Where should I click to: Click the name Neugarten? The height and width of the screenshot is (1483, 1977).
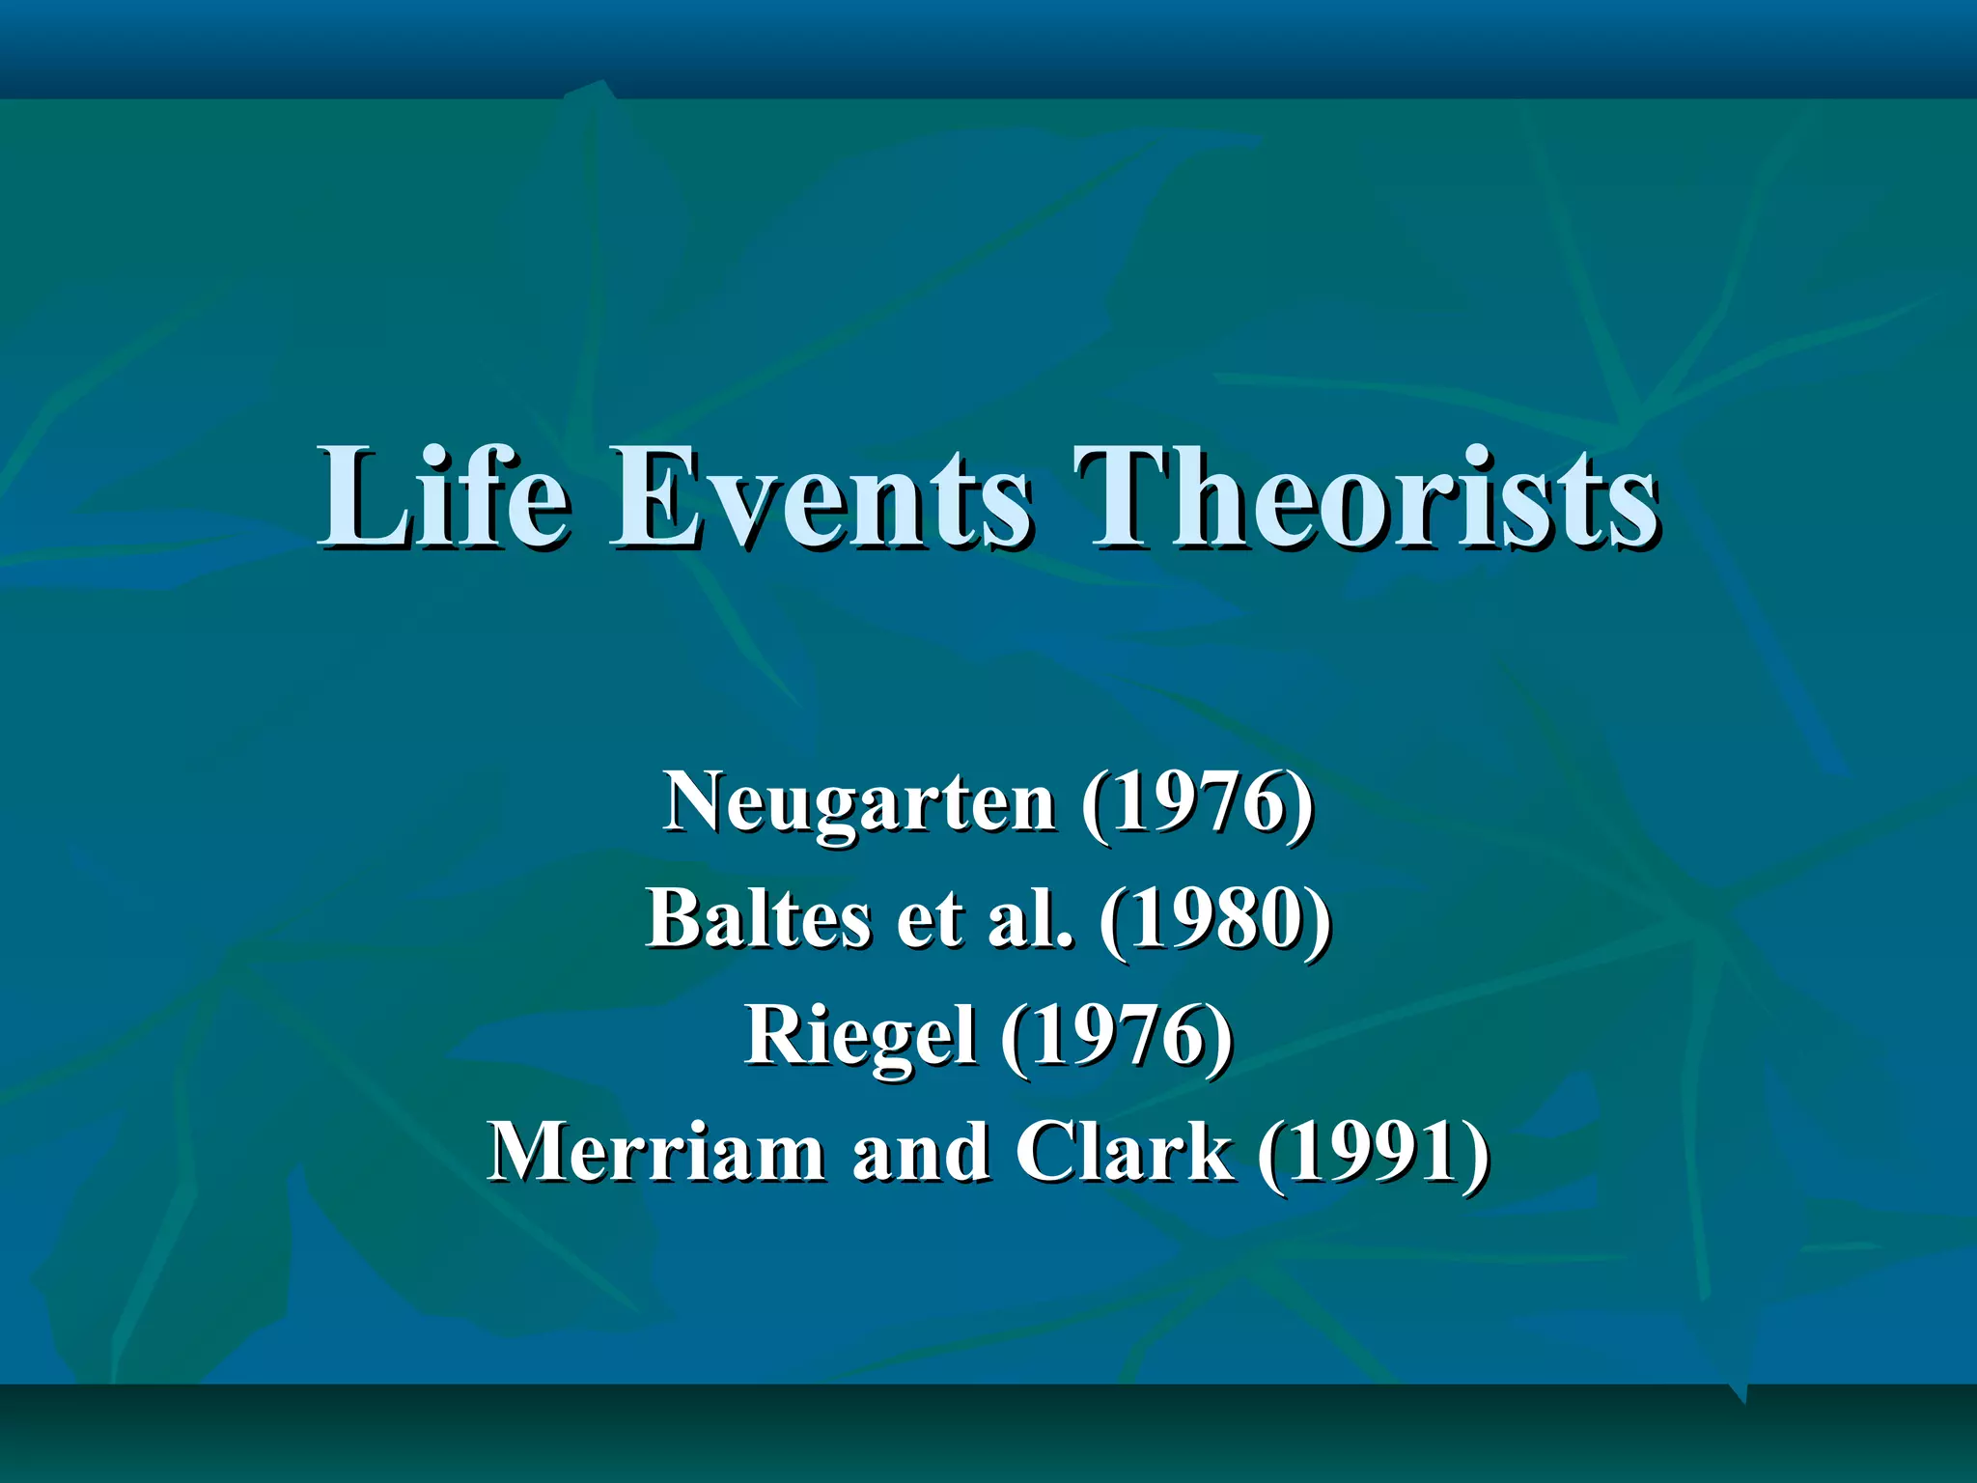pos(859,803)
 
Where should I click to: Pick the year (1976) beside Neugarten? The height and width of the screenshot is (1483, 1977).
pos(1197,803)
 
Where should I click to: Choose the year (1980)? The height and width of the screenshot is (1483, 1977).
pos(1215,919)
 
